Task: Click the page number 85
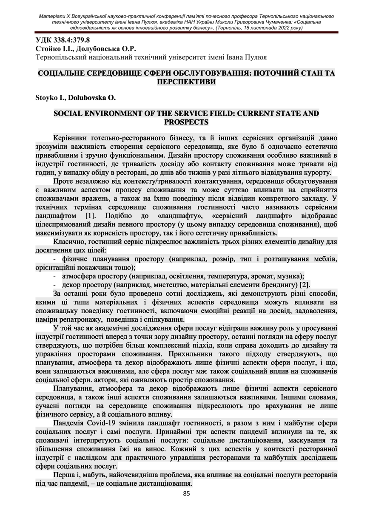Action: coord(186,493)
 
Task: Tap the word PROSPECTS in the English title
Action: coord(186,122)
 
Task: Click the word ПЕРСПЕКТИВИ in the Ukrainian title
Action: coord(186,81)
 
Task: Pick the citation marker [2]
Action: coord(305,284)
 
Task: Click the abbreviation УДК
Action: coord(45,41)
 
